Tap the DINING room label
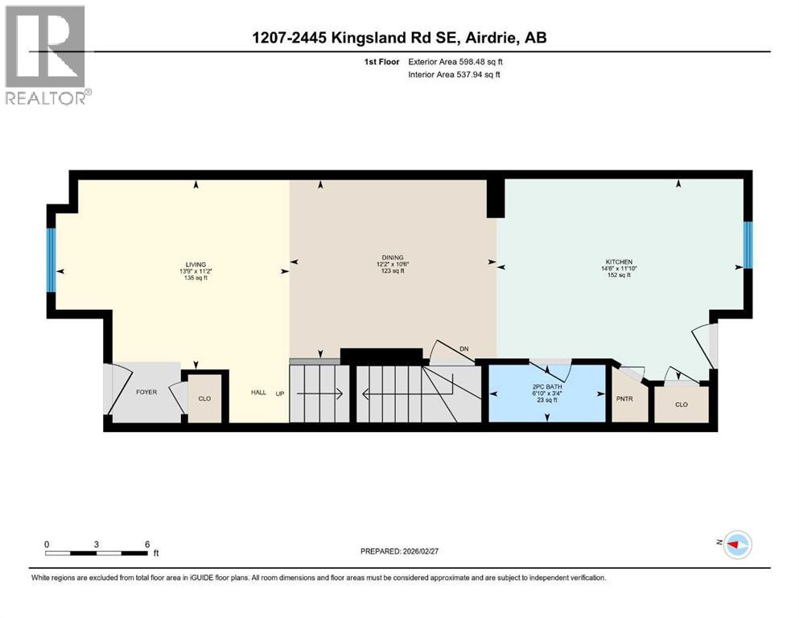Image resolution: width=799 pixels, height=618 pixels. pos(393,257)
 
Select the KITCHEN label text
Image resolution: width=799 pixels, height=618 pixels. pos(619,262)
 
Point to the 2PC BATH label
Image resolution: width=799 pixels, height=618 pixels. pos(547,386)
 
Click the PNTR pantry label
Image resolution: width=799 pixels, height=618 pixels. pos(624,398)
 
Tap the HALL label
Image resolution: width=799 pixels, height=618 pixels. pos(258,393)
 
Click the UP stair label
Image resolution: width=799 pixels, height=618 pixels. pos(281,393)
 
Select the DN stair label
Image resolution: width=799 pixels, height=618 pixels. pos(463,348)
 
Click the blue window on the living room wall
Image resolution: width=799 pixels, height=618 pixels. pos(51,261)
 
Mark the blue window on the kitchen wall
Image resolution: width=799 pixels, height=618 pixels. pos(748,245)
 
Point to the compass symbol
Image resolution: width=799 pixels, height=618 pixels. pos(736,545)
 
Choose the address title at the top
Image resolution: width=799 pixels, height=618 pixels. pos(398,38)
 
